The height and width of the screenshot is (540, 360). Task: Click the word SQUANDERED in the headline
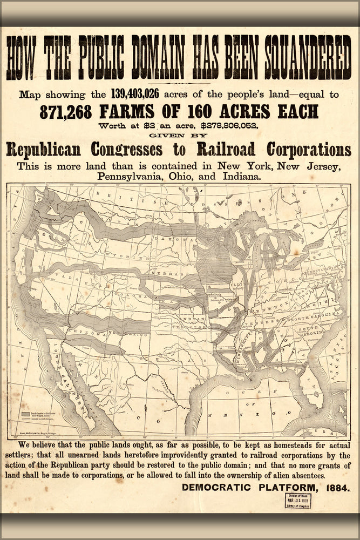[307, 58]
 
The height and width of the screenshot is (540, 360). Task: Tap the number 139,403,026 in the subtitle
[134, 94]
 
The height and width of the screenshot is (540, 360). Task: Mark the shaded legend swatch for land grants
[28, 413]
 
